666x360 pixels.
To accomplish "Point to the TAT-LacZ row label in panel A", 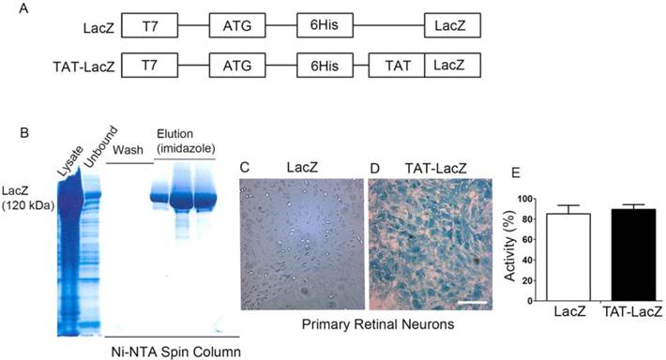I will pyautogui.click(x=83, y=66).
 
